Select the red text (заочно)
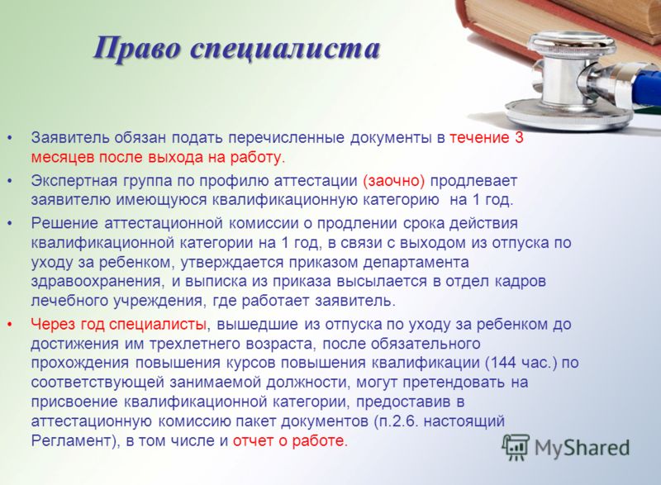click(x=394, y=181)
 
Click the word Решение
click(x=64, y=223)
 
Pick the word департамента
click(x=416, y=263)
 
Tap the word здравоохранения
click(x=97, y=282)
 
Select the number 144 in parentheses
click(x=503, y=363)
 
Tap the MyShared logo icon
click(x=516, y=448)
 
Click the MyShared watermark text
click(x=583, y=448)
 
